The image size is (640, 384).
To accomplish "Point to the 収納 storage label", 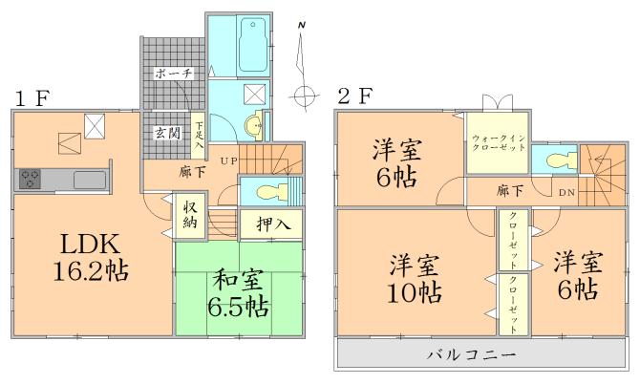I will tap(191, 219).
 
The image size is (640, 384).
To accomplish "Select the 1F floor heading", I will tap(32, 97).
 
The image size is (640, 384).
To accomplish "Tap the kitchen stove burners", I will tap(30, 179).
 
